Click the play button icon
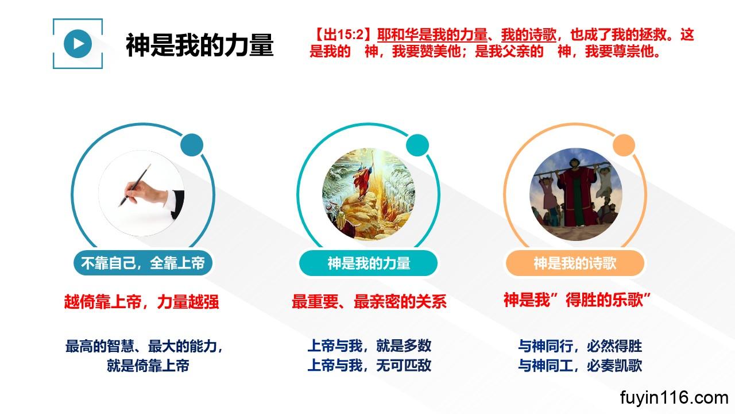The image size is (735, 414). pyautogui.click(x=78, y=44)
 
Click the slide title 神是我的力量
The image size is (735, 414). pyautogui.click(x=200, y=45)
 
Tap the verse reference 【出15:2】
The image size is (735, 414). pyautogui.click(x=343, y=34)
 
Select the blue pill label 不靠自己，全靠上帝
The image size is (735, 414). pyautogui.click(x=143, y=263)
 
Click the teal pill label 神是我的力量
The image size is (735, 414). pyautogui.click(x=369, y=263)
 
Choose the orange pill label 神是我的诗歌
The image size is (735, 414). pyautogui.click(x=575, y=263)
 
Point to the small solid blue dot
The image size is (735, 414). pyautogui.click(x=192, y=145)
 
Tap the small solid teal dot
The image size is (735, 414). pyautogui.click(x=417, y=145)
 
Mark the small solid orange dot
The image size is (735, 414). pyautogui.click(x=624, y=145)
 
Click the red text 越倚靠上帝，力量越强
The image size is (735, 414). pyautogui.click(x=141, y=302)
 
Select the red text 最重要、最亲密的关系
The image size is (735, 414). pyautogui.click(x=369, y=301)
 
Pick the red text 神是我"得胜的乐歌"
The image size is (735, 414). pyautogui.click(x=577, y=300)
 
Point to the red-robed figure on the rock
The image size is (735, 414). pyautogui.click(x=363, y=180)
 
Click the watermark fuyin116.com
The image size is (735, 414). pyautogui.click(x=674, y=398)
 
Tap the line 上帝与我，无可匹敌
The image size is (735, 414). pyautogui.click(x=369, y=365)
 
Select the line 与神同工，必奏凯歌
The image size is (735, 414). pyautogui.click(x=580, y=365)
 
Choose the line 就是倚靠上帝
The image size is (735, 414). pyautogui.click(x=148, y=366)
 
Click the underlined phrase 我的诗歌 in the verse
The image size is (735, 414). pyautogui.click(x=529, y=34)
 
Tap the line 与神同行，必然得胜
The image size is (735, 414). pyautogui.click(x=580, y=346)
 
